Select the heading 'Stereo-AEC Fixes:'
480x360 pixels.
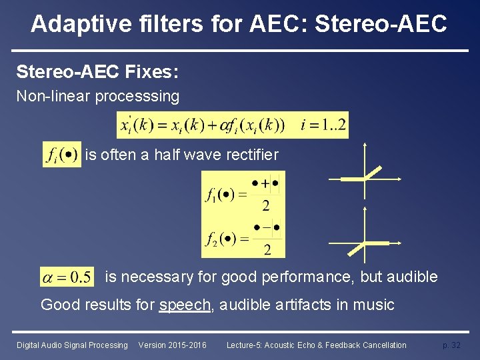tap(97, 71)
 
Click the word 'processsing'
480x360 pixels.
tap(137, 97)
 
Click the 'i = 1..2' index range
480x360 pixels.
tap(323, 125)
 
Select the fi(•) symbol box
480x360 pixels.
tap(62, 155)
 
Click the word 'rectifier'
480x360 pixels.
tap(253, 155)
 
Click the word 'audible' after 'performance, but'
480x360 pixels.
tap(412, 277)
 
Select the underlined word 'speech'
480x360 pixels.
tap(185, 305)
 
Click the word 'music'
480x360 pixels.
tap(376, 305)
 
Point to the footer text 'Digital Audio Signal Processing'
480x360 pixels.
tap(72, 345)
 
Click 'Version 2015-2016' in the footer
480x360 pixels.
tap(172, 345)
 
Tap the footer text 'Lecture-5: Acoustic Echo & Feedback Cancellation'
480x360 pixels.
tap(316, 345)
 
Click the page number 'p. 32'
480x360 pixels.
tap(451, 345)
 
